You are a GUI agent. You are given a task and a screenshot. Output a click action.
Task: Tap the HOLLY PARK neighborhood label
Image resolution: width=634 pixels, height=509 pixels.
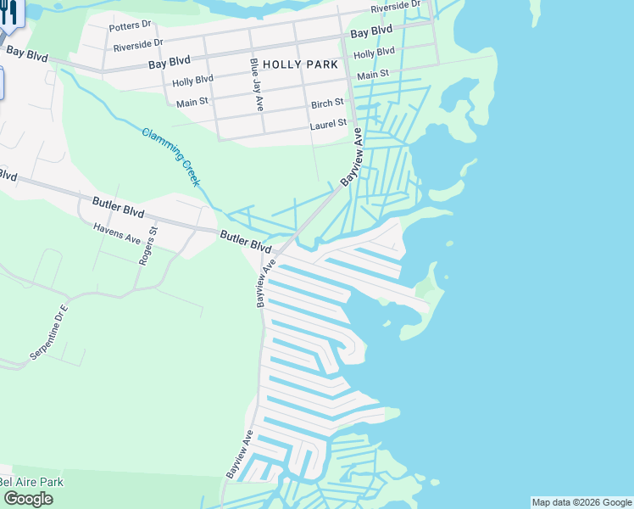click(x=300, y=64)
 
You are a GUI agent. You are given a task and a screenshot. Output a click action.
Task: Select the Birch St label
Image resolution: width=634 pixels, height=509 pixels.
click(x=327, y=103)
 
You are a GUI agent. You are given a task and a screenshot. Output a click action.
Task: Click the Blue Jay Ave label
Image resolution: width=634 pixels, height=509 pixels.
click(x=256, y=84)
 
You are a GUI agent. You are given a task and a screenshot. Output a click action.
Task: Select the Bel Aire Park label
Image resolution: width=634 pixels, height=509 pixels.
click(x=31, y=482)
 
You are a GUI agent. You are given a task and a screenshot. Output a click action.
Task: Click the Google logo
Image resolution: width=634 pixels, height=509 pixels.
click(x=27, y=499)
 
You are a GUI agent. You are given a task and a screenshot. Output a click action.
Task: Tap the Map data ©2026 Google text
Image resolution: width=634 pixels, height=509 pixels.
click(x=581, y=502)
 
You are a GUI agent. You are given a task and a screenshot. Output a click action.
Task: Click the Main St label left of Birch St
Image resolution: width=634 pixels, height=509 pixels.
click(x=192, y=103)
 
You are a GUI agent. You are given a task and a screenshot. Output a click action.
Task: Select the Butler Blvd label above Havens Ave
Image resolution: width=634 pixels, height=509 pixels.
click(x=119, y=206)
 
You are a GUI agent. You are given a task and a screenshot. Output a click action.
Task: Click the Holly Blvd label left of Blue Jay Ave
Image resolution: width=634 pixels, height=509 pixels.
click(x=192, y=81)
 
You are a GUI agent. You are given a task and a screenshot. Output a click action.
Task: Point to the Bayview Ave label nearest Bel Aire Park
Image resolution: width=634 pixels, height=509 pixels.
click(x=241, y=452)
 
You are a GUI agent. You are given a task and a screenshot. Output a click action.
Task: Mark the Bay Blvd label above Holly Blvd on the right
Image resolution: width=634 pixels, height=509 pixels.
click(x=371, y=32)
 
